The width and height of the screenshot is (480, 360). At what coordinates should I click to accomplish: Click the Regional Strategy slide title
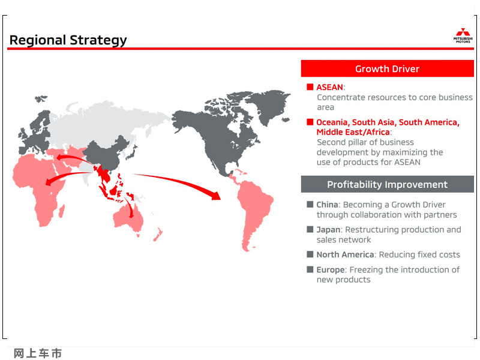[x=68, y=40]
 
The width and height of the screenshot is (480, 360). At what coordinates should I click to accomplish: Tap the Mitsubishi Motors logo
[x=463, y=35]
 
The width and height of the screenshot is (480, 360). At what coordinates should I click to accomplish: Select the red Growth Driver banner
[x=387, y=68]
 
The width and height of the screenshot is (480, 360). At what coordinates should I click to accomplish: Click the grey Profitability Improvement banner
[x=387, y=184]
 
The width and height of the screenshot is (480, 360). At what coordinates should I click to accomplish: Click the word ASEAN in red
[x=329, y=87]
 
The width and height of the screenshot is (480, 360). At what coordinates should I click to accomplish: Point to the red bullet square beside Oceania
[x=310, y=122]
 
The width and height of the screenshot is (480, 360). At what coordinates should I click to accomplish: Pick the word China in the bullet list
[x=327, y=205]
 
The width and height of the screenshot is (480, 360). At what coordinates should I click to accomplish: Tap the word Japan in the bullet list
[x=328, y=230]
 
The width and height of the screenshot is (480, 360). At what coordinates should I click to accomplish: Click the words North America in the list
[x=345, y=254]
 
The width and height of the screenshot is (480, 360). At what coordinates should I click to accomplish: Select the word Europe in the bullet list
[x=331, y=269]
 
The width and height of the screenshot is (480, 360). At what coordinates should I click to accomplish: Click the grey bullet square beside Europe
[x=310, y=269]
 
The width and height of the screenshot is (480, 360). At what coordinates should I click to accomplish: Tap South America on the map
[x=254, y=211]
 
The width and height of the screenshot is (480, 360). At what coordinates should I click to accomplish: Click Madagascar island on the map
[x=62, y=211]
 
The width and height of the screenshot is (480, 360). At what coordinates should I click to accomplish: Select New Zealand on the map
[x=158, y=234]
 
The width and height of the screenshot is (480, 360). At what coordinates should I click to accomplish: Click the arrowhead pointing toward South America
[x=216, y=196]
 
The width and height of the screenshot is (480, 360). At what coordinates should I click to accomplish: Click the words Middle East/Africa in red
[x=353, y=132]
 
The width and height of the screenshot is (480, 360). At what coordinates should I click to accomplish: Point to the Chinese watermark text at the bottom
[x=38, y=353]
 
